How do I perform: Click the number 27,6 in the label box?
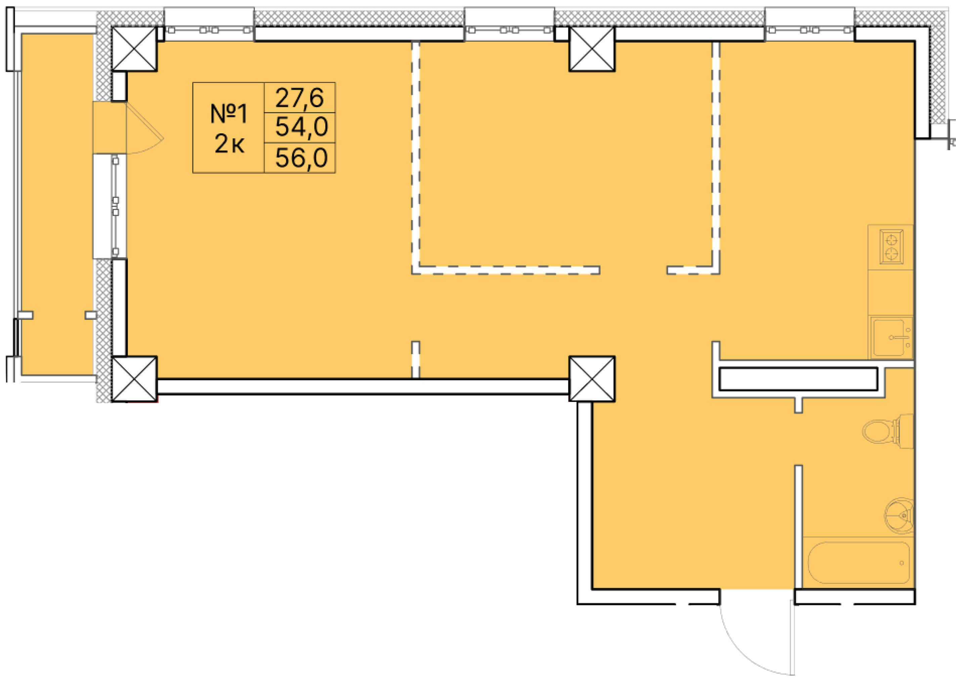[299, 98]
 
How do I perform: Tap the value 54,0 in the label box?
[301, 127]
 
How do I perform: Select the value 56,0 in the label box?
[301, 158]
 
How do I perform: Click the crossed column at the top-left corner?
[134, 49]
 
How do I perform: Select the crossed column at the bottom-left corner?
[134, 379]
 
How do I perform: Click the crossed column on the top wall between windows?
[592, 49]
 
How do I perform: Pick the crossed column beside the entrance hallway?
[592, 379]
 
